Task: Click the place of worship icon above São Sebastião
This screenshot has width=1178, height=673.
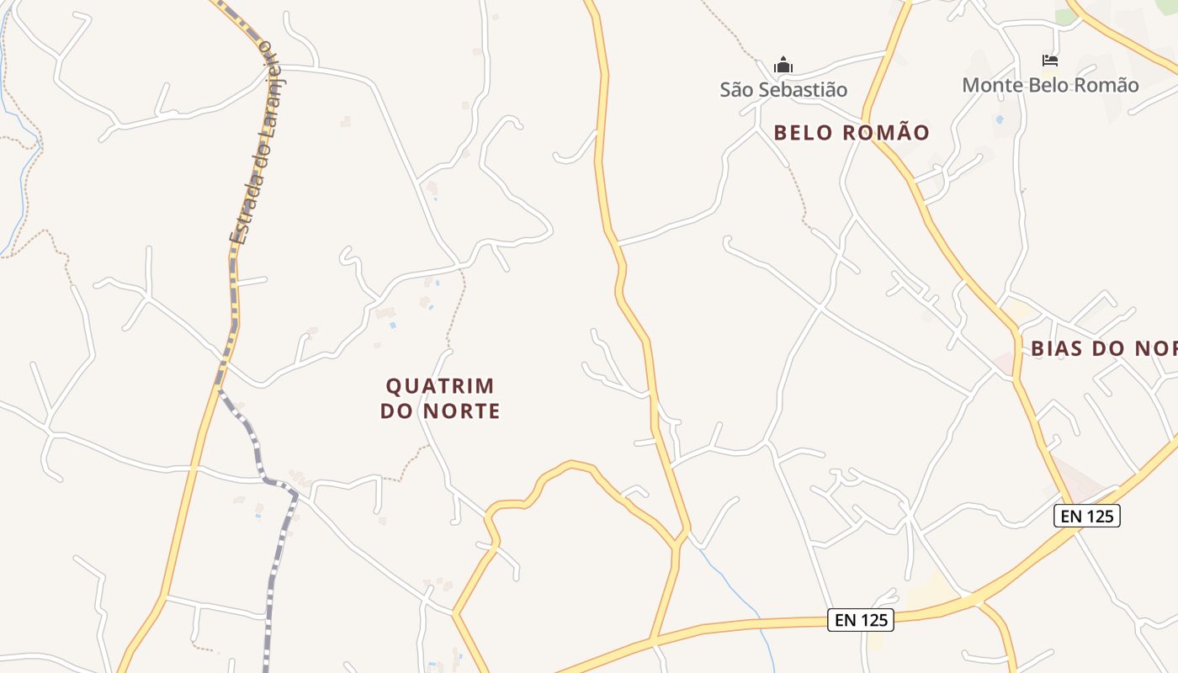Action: tap(783, 65)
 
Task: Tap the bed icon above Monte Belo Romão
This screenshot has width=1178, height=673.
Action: tap(1049, 61)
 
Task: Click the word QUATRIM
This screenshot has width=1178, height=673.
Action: tap(440, 386)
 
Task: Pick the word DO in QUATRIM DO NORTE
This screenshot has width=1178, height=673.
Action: tap(397, 411)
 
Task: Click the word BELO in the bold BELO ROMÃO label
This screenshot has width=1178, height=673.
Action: tap(804, 133)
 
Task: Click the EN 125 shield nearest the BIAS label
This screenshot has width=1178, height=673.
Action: tap(1086, 516)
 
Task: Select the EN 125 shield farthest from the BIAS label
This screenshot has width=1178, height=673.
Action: tap(860, 620)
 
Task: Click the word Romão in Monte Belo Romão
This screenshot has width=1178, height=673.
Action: tap(1109, 85)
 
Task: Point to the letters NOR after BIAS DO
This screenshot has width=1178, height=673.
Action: tap(1156, 348)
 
